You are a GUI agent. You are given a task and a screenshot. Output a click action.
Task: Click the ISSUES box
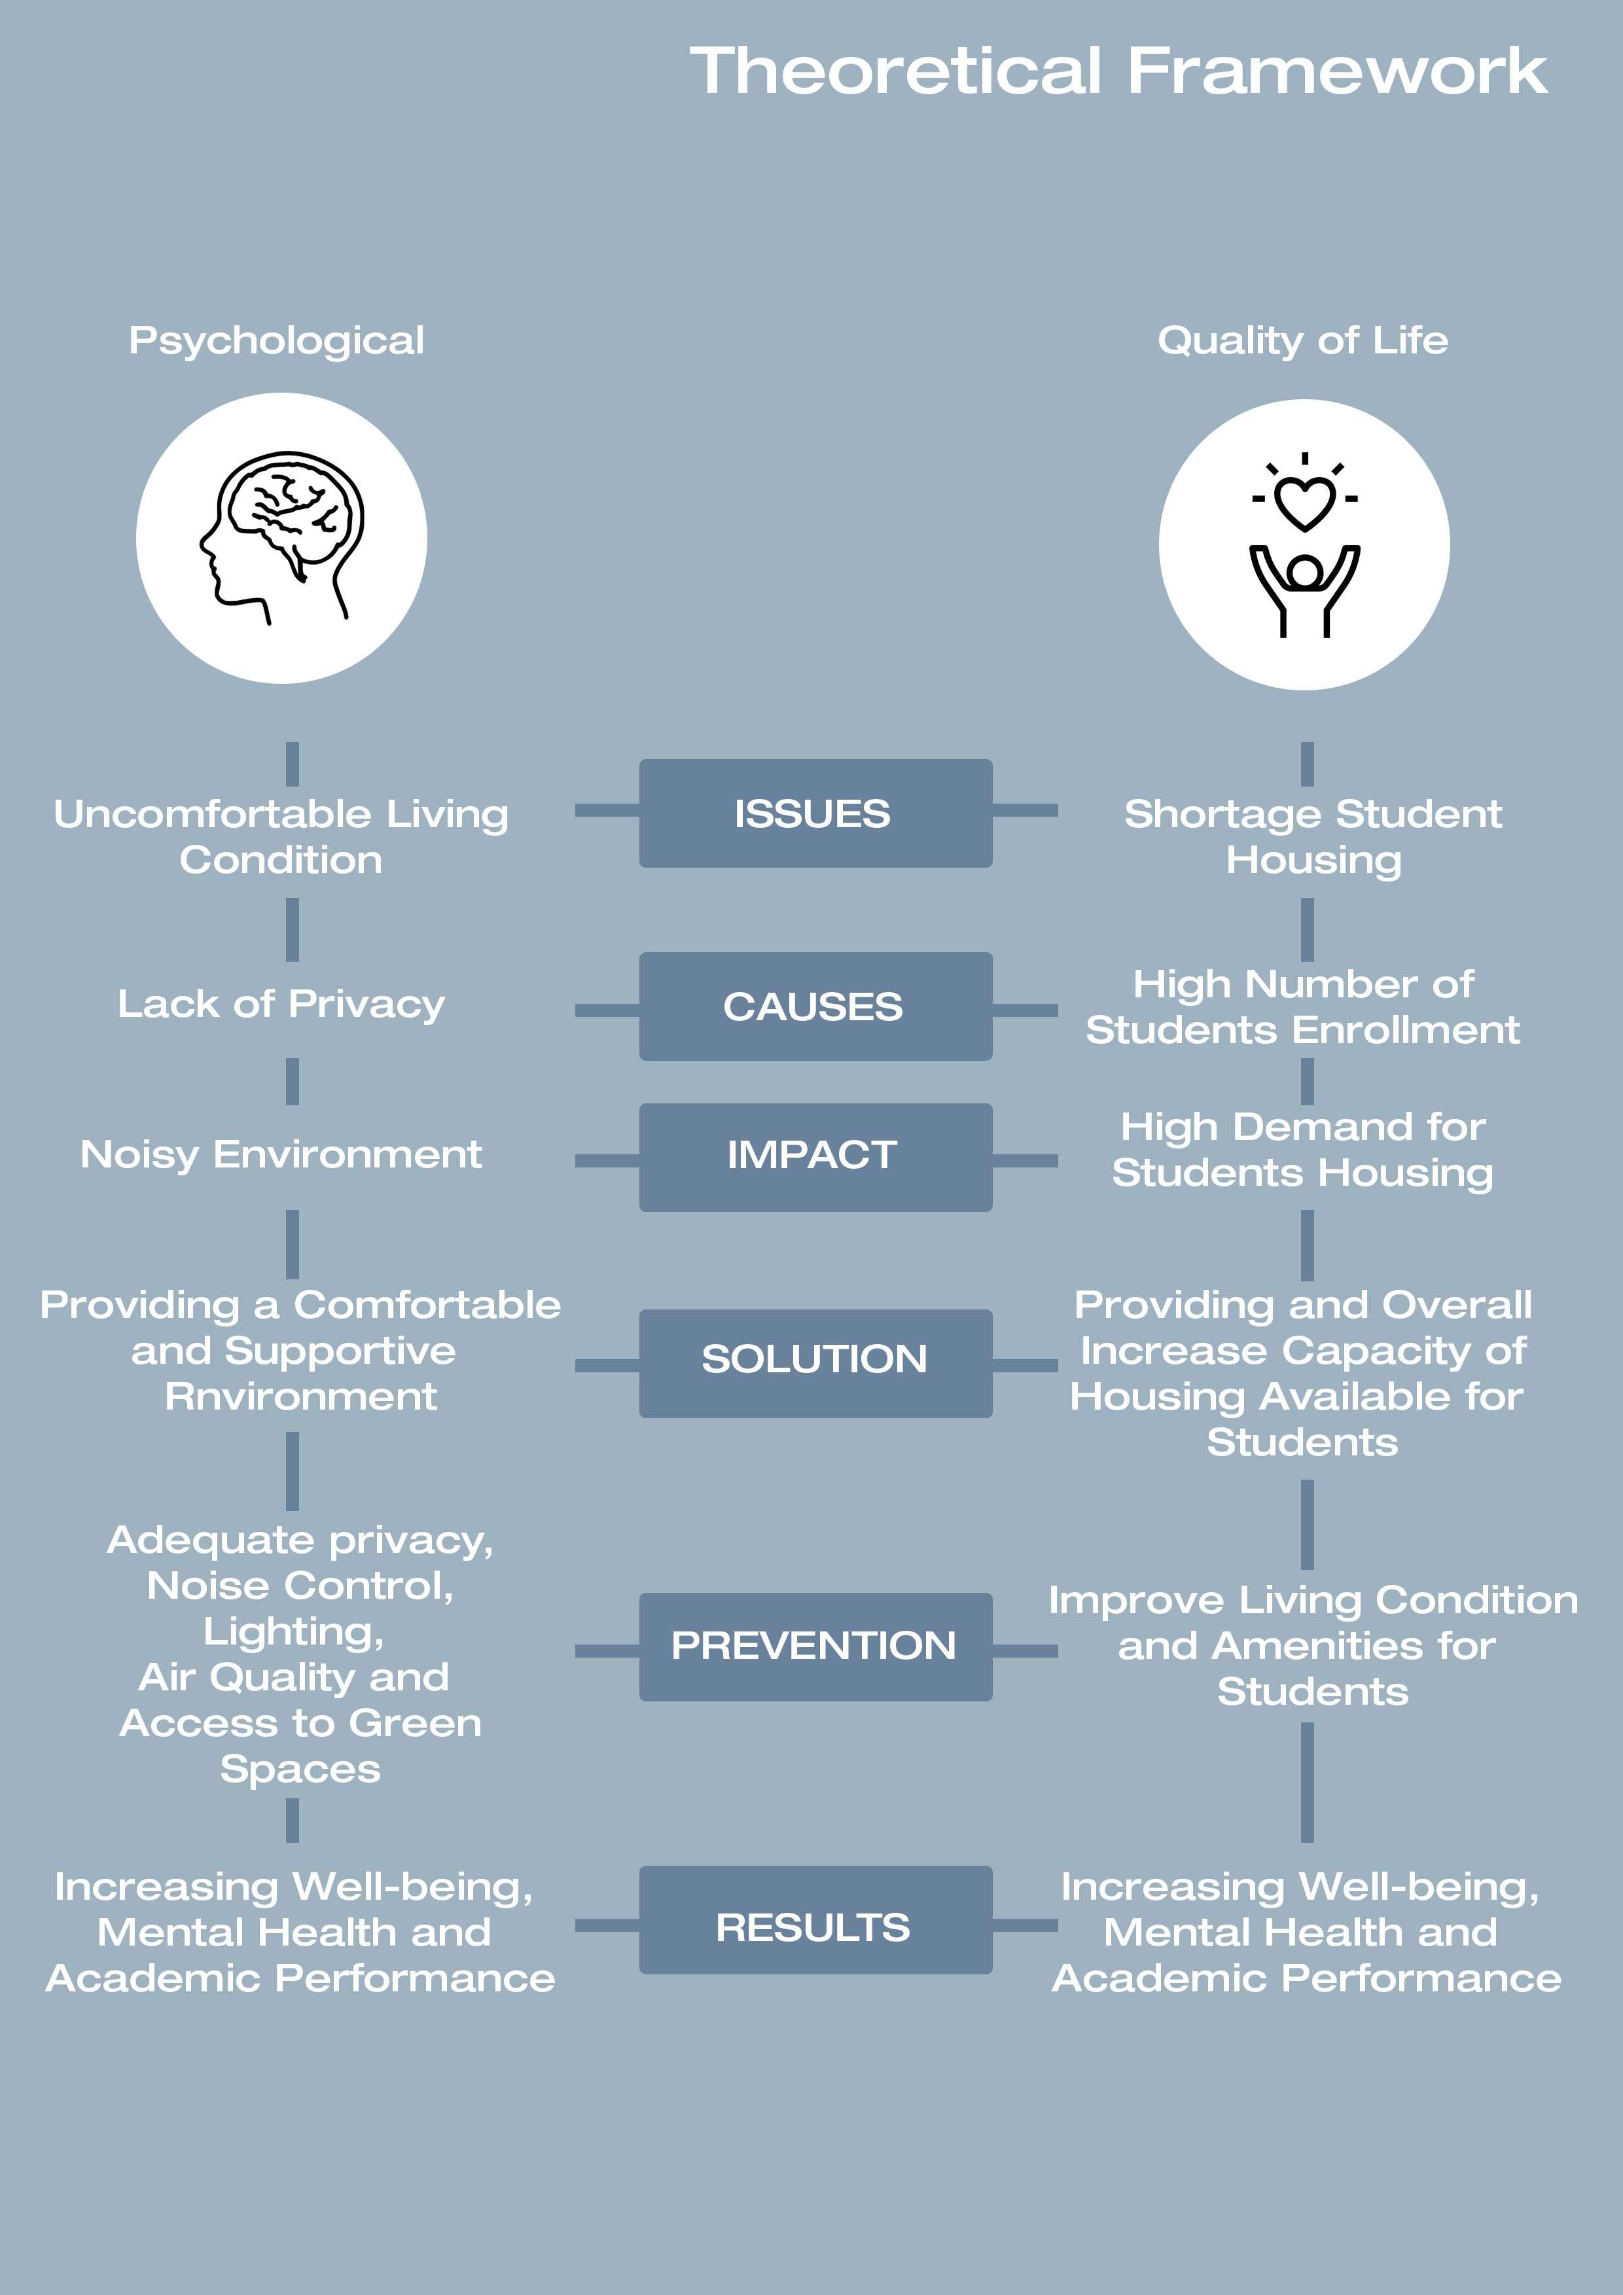[815, 813]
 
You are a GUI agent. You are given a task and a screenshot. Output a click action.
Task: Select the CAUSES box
[815, 1006]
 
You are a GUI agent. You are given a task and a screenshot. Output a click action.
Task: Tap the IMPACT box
[815, 1156]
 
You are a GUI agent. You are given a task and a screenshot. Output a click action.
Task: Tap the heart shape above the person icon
[1304, 502]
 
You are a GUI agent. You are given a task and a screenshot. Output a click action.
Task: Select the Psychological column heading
[277, 341]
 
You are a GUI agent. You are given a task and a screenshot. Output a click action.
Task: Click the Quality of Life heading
[1302, 341]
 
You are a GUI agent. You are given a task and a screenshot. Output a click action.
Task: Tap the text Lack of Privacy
[281, 1004]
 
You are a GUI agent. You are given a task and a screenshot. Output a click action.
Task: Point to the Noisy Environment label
[281, 1154]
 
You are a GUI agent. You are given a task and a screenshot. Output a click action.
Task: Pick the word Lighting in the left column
[293, 1632]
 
